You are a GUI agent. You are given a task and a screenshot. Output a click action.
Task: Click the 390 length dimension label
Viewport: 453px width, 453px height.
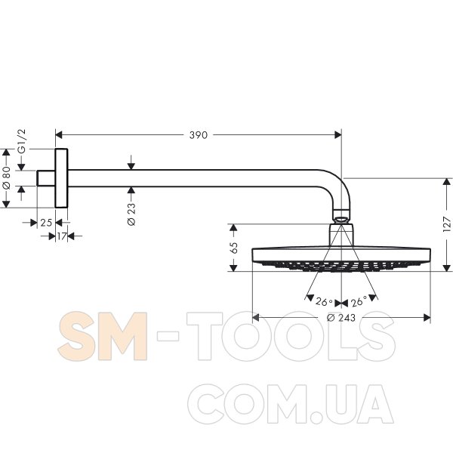coord(198,135)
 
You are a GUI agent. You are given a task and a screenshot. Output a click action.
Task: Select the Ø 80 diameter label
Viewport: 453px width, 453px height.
coord(6,177)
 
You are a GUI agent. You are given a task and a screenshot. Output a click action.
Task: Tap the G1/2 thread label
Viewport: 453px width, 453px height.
coord(22,142)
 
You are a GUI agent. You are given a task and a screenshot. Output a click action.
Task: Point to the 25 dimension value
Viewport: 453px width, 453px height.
coord(46,223)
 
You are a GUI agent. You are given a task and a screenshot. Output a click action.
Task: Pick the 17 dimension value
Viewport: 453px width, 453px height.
coord(62,236)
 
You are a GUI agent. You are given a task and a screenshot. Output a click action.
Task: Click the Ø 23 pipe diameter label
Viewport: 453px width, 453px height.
coord(131,214)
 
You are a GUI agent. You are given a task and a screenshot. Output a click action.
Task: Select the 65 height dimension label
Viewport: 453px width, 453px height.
coord(234,248)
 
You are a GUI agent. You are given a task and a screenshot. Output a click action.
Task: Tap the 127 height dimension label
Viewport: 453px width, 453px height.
coord(447,224)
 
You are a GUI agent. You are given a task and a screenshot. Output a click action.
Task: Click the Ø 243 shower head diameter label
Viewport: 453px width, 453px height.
coord(341,318)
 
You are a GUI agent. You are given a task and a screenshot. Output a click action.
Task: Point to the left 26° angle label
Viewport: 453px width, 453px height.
coord(324,301)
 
